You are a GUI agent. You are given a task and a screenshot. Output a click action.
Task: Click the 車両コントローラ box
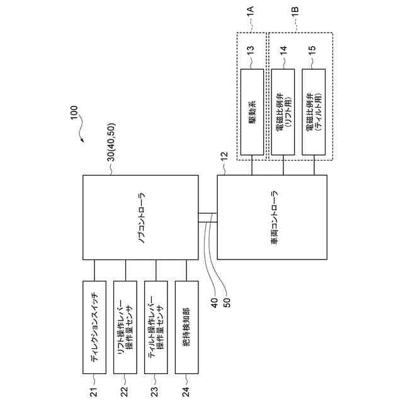272,217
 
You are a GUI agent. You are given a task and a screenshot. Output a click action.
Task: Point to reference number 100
74,114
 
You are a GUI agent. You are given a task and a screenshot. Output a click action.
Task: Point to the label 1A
251,10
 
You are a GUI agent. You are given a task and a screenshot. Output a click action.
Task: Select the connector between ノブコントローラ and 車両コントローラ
207,218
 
